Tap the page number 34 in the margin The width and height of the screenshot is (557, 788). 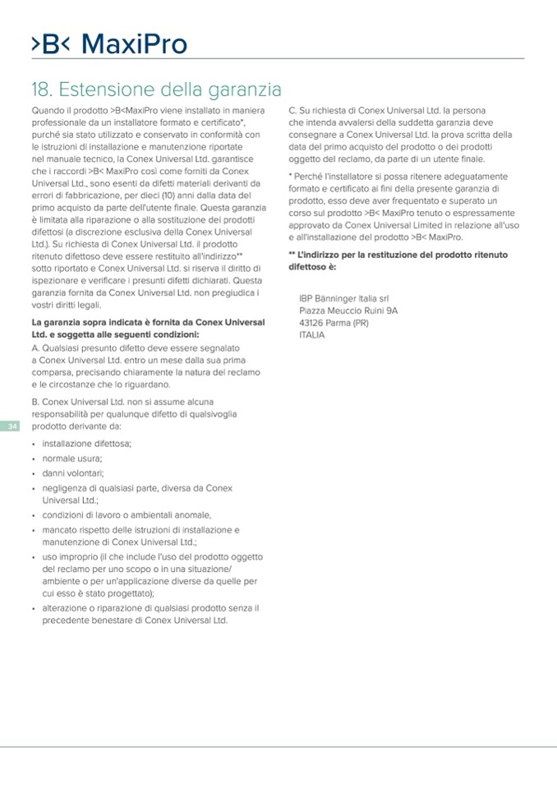click(x=12, y=426)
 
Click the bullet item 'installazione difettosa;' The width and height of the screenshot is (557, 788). click(x=86, y=443)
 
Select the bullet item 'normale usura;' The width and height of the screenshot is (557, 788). click(x=71, y=458)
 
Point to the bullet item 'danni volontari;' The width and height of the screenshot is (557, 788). click(x=72, y=473)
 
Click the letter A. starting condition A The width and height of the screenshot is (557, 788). click(x=35, y=348)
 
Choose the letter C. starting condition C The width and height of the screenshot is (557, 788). click(x=293, y=109)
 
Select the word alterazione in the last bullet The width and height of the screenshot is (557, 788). click(x=67, y=608)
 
